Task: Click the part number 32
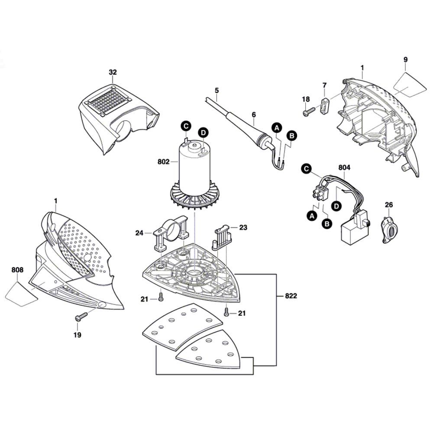point(113,72)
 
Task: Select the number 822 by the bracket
point(291,296)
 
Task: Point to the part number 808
point(18,270)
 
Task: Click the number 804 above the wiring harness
point(345,167)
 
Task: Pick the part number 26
point(388,204)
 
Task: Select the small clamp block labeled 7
point(325,105)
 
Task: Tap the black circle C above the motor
point(186,126)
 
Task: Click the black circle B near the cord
point(292,136)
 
